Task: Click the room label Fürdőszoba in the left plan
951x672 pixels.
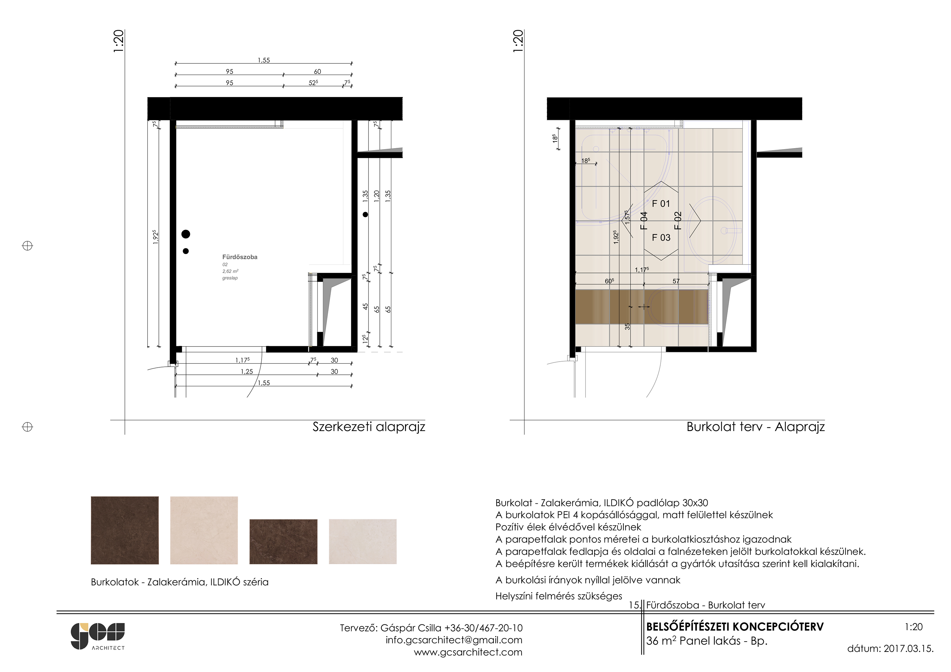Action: point(240,257)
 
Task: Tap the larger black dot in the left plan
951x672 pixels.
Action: point(186,234)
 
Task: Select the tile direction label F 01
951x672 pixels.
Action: point(661,204)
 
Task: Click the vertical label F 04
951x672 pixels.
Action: point(644,221)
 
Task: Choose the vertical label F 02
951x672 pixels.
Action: point(678,221)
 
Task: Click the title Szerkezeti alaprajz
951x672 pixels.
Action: point(369,427)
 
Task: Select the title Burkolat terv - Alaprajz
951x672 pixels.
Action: point(755,427)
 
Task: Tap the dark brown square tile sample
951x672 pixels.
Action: point(125,530)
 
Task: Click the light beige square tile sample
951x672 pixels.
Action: point(204,530)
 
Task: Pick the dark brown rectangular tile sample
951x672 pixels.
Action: point(283,541)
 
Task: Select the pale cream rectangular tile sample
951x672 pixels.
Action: point(363,541)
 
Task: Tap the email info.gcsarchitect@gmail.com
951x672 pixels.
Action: point(454,640)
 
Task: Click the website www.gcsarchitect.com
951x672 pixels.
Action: point(468,652)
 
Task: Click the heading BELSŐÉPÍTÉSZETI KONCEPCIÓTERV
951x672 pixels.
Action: point(735,627)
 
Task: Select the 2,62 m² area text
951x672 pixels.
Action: point(230,271)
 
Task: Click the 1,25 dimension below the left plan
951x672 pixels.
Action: point(247,372)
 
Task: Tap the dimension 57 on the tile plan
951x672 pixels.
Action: point(676,281)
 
